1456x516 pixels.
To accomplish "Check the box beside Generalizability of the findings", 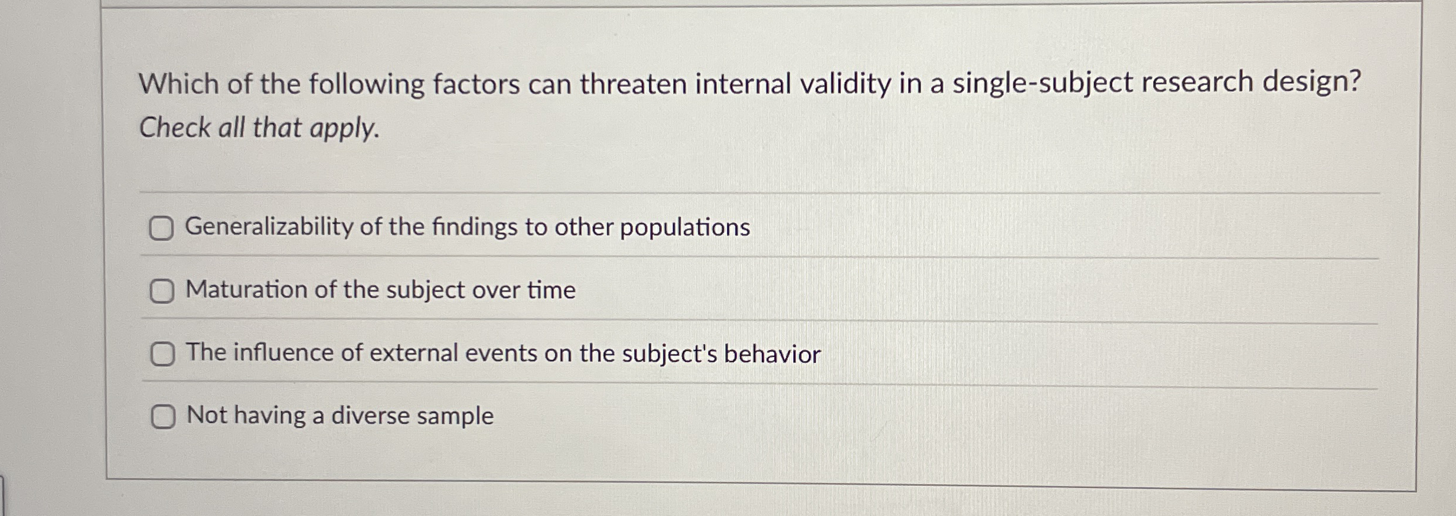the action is pyautogui.click(x=161, y=228).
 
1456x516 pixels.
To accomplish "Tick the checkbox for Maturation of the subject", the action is pyautogui.click(x=162, y=291).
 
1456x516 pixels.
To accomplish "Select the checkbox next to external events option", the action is pyautogui.click(x=162, y=354).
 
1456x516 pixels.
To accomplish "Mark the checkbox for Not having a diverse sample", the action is pyautogui.click(x=163, y=417).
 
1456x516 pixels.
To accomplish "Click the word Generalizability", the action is pyautogui.click(x=269, y=227).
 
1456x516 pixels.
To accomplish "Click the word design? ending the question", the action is pyautogui.click(x=1312, y=82).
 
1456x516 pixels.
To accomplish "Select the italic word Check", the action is pyautogui.click(x=175, y=127).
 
